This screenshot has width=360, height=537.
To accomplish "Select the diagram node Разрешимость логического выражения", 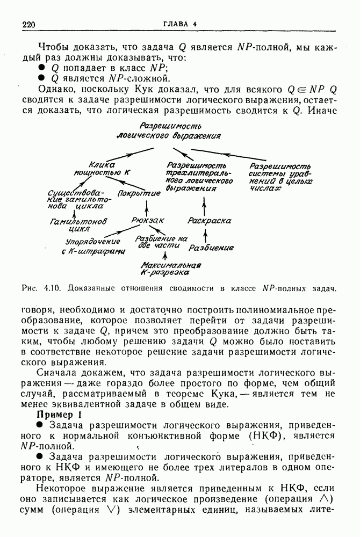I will (169, 130).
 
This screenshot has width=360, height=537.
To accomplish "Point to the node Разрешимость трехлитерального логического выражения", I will (199, 177).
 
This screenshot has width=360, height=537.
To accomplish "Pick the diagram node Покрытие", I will (139, 193).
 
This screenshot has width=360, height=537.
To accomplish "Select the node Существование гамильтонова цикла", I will (74, 199).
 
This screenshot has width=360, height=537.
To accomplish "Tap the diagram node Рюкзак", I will (147, 220).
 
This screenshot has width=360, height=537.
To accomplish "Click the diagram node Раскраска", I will (210, 221).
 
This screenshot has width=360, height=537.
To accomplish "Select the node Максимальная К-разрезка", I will (170, 268).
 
